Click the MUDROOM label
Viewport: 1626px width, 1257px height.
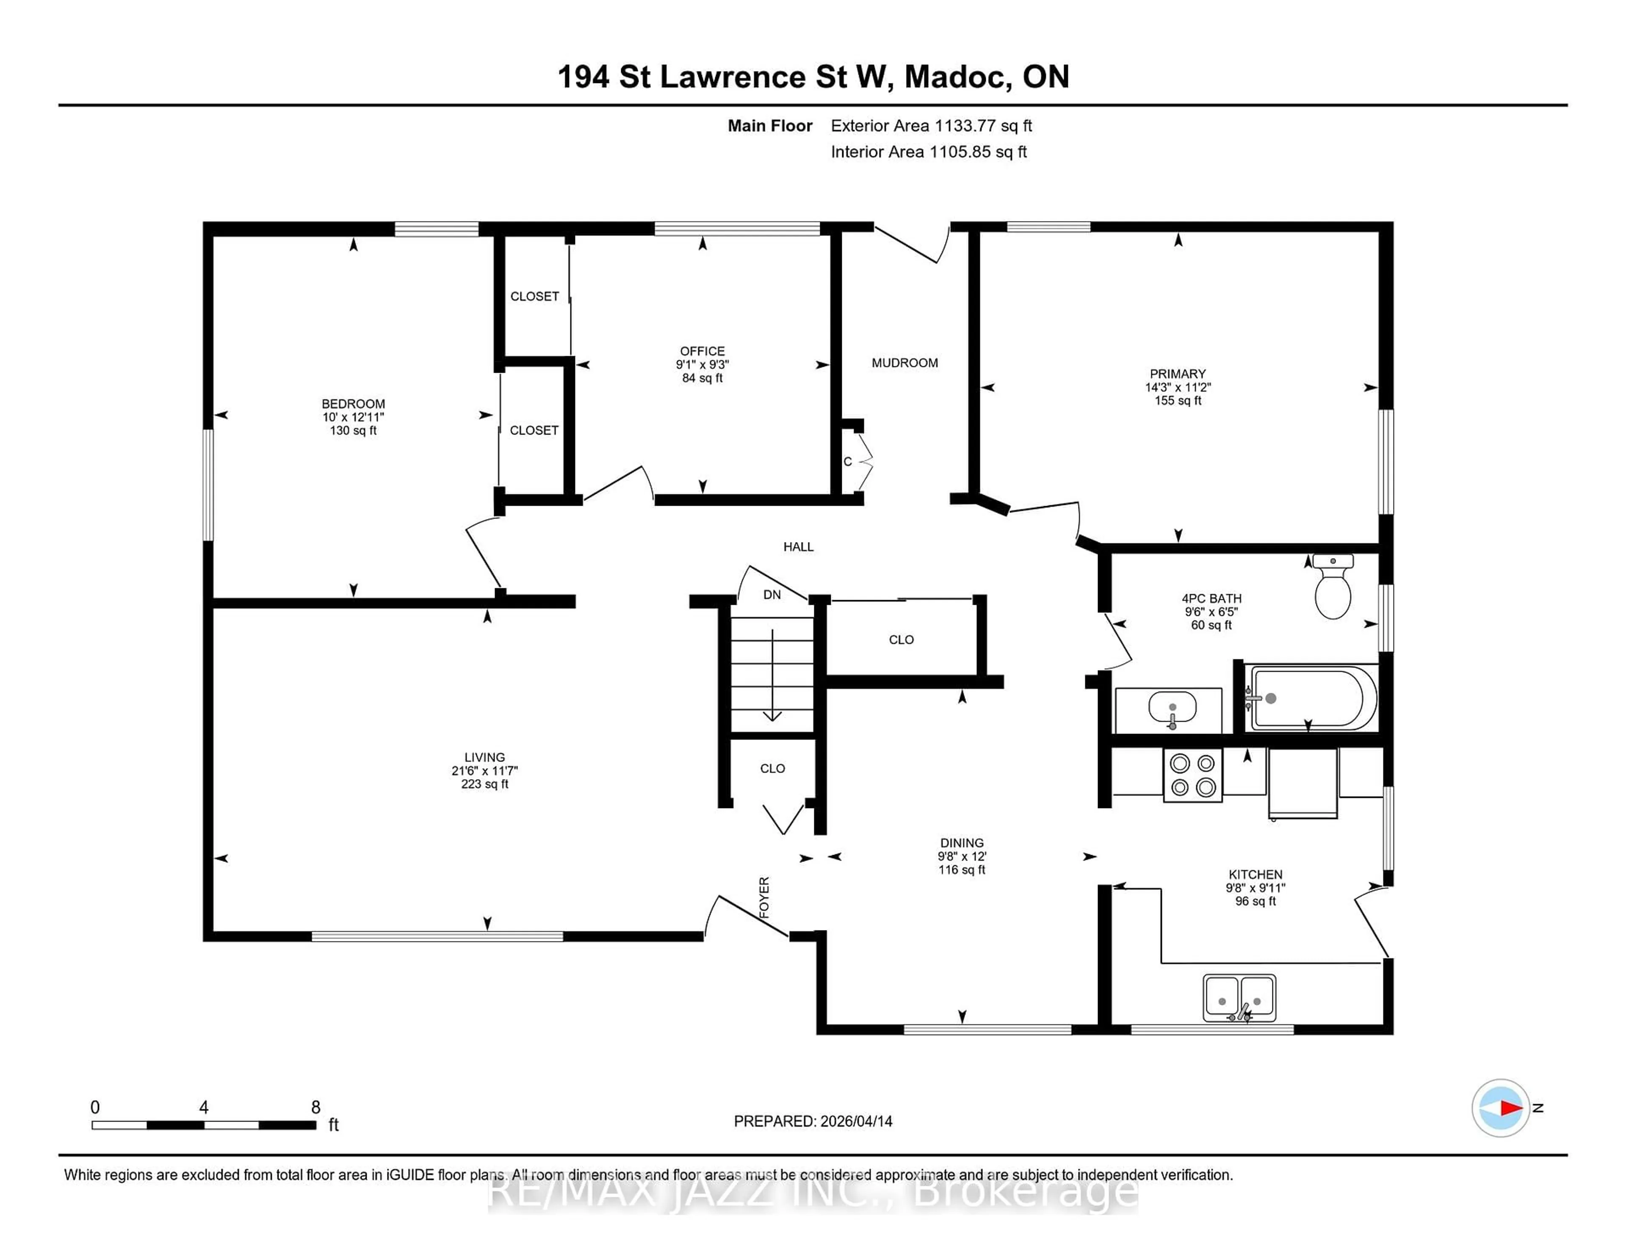[904, 363]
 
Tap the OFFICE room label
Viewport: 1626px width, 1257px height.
[702, 351]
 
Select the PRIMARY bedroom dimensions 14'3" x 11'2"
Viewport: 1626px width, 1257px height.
[1178, 387]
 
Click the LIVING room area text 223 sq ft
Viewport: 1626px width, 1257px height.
[485, 784]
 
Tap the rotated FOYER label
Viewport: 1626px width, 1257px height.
[764, 897]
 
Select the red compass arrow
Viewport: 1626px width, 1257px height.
[1510, 1108]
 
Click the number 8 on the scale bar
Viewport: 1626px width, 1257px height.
[315, 1107]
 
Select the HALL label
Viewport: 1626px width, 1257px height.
[798, 547]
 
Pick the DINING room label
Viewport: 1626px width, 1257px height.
[962, 843]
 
